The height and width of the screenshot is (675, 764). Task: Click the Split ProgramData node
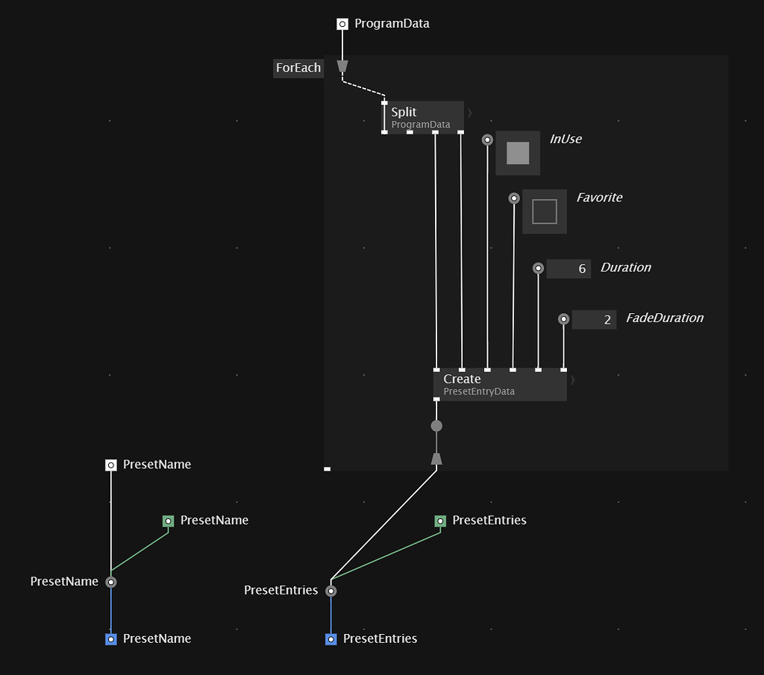click(422, 117)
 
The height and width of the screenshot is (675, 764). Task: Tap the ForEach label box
click(298, 68)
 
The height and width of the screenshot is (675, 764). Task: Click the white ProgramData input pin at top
click(342, 24)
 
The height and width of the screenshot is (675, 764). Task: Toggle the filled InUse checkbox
click(518, 153)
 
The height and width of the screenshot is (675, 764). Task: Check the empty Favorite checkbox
click(545, 211)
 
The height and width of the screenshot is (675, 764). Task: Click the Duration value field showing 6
click(569, 269)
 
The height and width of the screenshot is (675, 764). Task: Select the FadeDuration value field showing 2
click(594, 319)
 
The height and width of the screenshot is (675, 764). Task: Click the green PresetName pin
click(169, 521)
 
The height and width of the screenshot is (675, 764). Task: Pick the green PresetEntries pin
click(440, 521)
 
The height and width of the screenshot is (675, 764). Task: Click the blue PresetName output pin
click(111, 639)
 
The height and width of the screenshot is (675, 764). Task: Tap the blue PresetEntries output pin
click(331, 639)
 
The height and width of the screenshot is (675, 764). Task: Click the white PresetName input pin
click(111, 465)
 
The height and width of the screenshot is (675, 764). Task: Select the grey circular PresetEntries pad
click(331, 591)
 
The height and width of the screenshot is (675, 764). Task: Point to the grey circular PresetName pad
click(111, 582)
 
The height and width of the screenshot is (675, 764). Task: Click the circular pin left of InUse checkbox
click(487, 139)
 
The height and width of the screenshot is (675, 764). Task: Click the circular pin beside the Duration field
click(538, 268)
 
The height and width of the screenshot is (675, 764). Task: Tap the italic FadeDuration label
click(664, 318)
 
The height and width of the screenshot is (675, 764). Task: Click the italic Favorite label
click(599, 198)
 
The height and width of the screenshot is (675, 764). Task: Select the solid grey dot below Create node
click(436, 426)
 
